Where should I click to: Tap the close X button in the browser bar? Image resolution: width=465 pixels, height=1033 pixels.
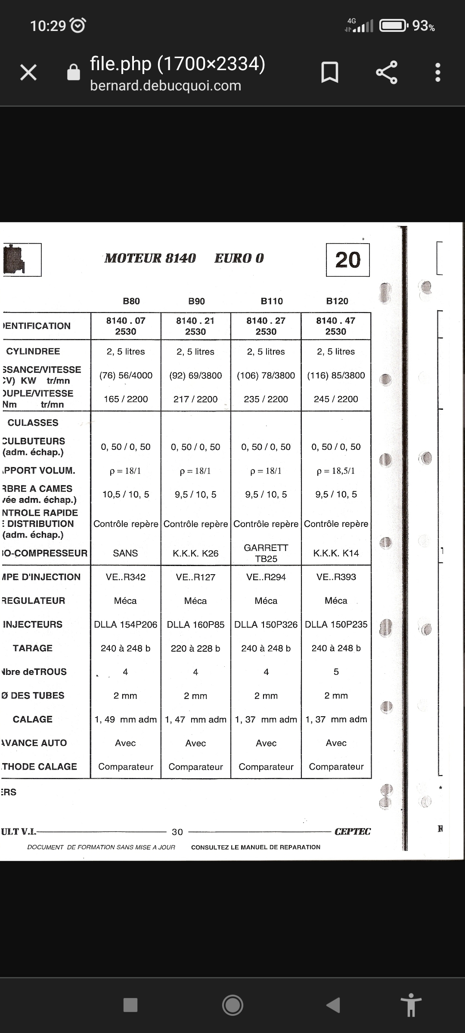(28, 72)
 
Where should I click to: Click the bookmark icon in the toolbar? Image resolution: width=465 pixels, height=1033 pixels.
(330, 72)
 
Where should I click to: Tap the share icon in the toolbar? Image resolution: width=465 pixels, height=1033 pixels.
(387, 72)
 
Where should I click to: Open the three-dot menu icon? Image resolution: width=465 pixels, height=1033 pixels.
(438, 72)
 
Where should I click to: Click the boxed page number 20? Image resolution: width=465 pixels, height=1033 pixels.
(348, 260)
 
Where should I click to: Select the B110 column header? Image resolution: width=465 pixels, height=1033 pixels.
(272, 301)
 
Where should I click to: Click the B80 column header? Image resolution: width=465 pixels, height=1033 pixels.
(131, 301)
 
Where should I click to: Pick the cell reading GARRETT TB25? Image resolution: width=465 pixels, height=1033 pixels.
(266, 553)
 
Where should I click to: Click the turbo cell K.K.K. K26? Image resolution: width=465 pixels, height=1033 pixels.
(195, 554)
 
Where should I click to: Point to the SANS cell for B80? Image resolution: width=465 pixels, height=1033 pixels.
(125, 554)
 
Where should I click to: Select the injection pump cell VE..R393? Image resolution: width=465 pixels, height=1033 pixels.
(336, 577)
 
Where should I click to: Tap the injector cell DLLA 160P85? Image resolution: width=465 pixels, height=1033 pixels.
(195, 625)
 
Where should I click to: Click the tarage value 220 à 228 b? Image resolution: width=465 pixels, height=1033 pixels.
(195, 648)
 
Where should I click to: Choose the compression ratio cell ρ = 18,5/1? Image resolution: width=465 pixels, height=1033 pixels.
(336, 471)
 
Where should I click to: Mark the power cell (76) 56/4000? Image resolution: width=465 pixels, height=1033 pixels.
(126, 375)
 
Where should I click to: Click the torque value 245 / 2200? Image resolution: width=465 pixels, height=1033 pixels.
(336, 399)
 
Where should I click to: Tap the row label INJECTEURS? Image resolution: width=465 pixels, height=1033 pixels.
(33, 625)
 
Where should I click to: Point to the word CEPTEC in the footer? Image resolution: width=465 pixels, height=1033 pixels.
(353, 832)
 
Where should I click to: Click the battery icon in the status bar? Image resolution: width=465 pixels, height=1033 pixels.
(393, 26)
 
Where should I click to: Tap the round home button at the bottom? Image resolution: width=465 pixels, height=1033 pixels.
(232, 1005)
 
